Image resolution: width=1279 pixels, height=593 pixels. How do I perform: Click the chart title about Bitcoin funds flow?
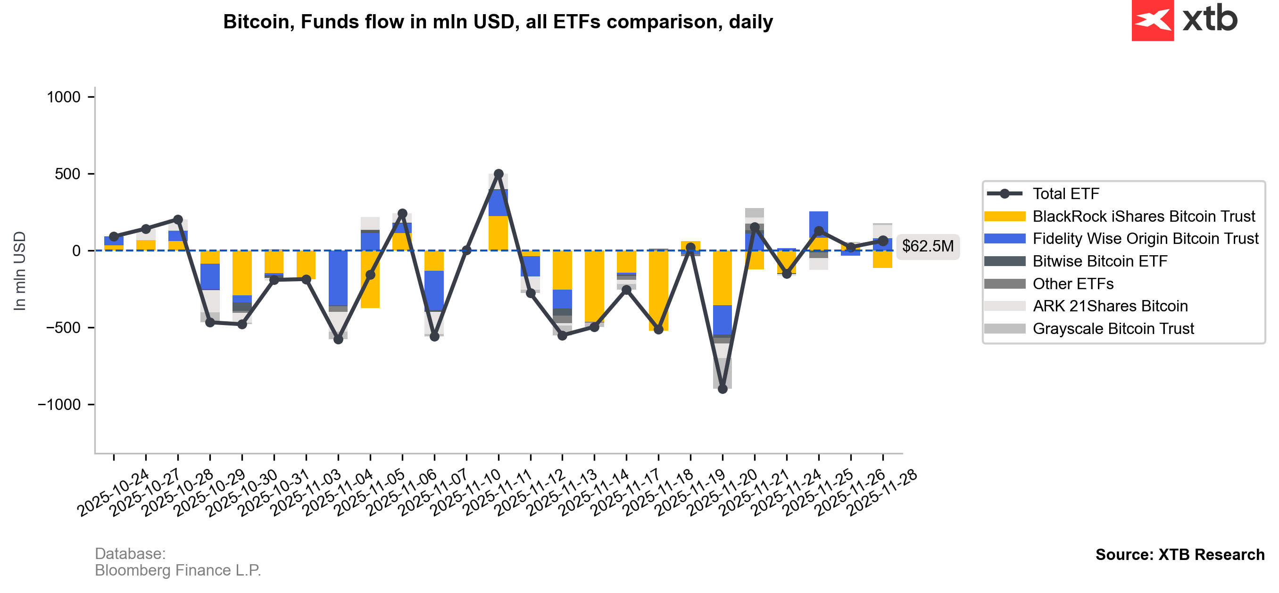498,22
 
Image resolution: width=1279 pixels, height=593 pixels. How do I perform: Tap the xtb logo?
1184,20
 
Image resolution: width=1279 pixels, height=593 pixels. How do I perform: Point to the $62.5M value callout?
928,246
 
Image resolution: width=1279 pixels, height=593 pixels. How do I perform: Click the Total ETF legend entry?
1065,194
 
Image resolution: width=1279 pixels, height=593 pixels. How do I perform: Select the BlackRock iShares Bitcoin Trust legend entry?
1143,217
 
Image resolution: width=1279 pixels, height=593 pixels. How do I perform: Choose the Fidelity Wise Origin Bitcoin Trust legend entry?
1145,239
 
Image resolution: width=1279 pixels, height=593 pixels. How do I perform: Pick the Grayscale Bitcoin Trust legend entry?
1113,329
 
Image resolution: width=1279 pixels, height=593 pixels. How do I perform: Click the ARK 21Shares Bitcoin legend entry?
1110,307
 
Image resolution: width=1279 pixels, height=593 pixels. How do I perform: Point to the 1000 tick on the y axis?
64,97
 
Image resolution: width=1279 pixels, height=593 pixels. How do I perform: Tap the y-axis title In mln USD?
20,271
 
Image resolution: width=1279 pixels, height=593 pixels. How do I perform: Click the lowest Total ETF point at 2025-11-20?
723,389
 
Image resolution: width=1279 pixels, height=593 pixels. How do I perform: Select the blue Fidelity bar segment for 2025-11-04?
338,278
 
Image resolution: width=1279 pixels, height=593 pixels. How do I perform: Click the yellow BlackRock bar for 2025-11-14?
594,286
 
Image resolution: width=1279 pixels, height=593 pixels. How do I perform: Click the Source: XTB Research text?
1179,555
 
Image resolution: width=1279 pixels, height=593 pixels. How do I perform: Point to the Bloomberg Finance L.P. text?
178,571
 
